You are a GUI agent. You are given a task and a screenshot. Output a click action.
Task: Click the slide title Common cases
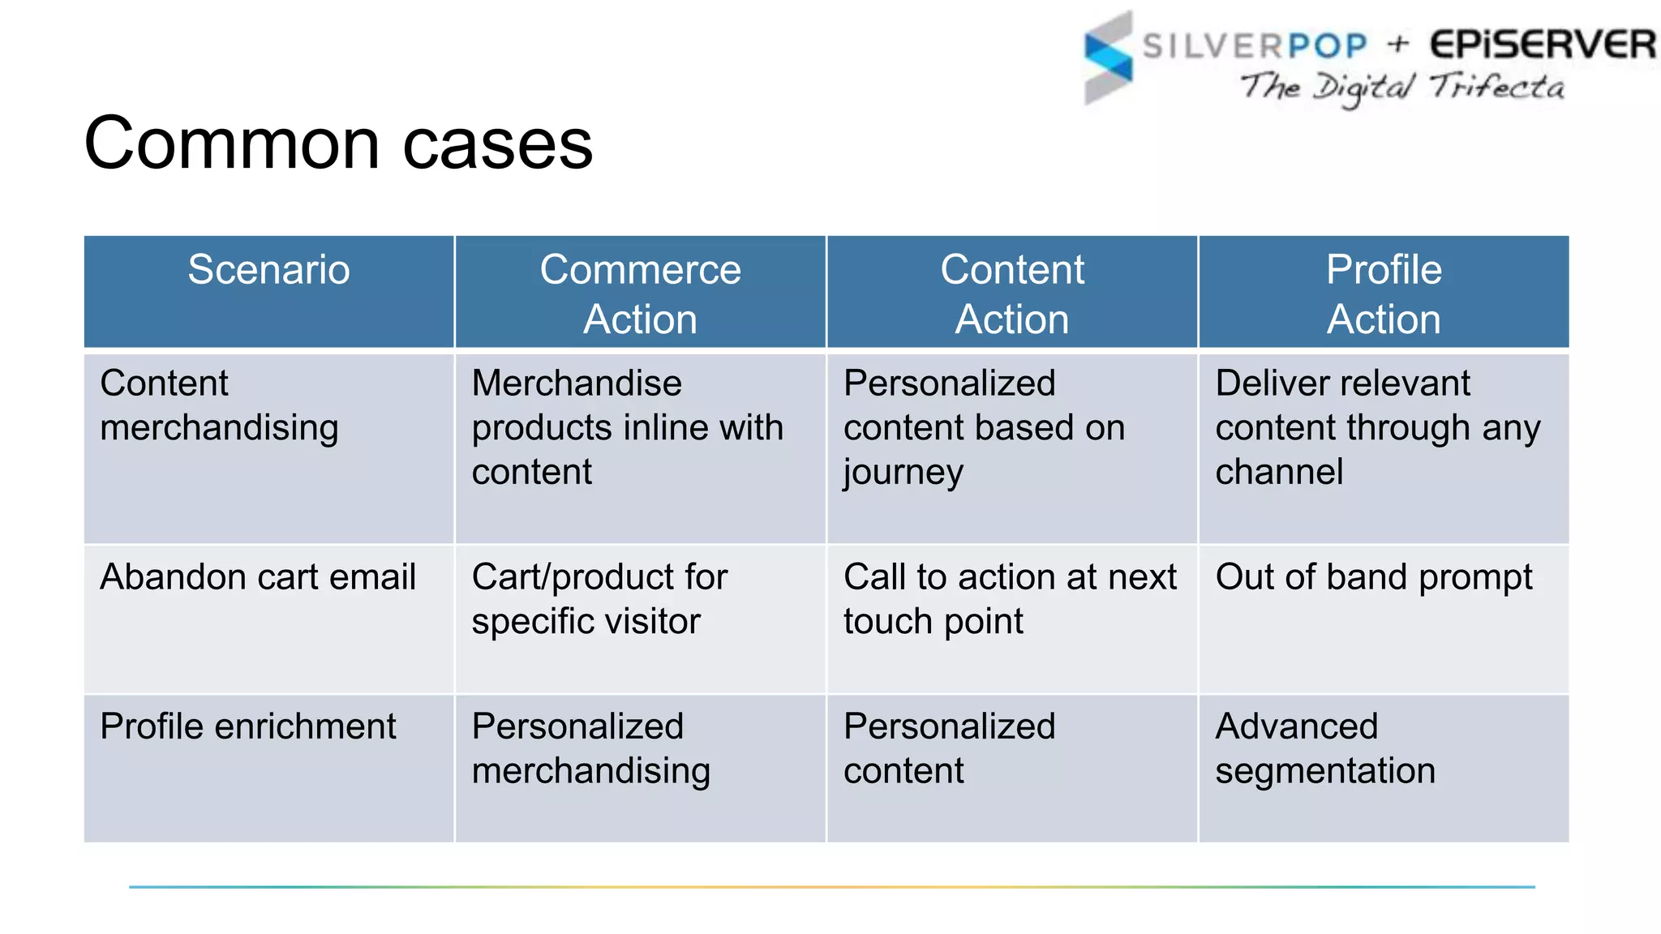coord(338,144)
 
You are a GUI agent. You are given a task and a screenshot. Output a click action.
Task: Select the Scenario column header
coord(268,270)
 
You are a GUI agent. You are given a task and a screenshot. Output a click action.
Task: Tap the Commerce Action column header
coord(640,293)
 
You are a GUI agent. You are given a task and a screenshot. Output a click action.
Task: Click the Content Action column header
coord(1011,293)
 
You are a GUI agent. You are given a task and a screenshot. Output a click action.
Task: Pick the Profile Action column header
coord(1384,293)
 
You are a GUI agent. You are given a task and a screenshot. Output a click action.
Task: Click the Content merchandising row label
coord(219,405)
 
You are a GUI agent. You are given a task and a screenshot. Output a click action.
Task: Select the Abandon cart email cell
coord(258,577)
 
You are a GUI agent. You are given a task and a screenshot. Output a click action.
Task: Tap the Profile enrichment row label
coord(248,726)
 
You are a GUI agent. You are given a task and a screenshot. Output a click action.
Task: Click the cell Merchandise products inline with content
coord(627,427)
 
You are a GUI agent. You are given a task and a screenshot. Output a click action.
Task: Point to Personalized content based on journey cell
coord(984,427)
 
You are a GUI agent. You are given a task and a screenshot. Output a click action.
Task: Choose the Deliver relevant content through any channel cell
coord(1377,427)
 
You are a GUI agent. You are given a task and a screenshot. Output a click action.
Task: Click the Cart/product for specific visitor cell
coord(599,599)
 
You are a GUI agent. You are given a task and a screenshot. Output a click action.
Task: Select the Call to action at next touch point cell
coord(1010,599)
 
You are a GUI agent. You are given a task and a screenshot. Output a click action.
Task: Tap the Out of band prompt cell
coord(1374,577)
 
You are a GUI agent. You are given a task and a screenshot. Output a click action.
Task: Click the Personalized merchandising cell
coord(590,748)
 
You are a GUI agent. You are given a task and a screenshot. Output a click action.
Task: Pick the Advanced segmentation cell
coord(1324,748)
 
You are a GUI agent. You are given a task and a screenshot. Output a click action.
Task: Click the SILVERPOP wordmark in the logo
coord(1255,45)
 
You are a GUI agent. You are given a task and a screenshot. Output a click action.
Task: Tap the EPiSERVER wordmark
coord(1542,44)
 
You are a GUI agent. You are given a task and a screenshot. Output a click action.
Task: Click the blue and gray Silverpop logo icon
coord(1108,58)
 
